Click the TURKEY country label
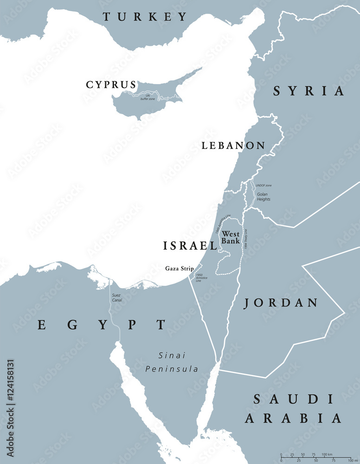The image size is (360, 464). (x=145, y=17)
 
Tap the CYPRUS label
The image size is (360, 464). (x=111, y=85)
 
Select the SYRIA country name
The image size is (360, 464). (x=309, y=91)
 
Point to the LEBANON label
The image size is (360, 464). (x=233, y=146)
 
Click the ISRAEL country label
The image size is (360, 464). (x=190, y=246)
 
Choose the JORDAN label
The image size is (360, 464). (x=281, y=303)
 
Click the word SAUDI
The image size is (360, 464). (x=293, y=399)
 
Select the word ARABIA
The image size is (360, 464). (x=293, y=419)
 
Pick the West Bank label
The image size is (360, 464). (x=231, y=238)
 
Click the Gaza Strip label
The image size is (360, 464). (x=180, y=269)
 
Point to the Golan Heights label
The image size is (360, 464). (x=264, y=197)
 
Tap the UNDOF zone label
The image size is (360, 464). (x=264, y=185)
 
